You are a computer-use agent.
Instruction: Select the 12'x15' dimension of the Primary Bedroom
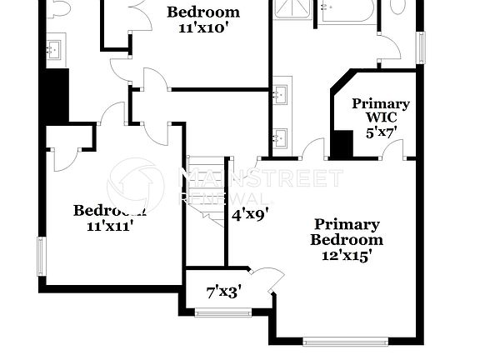click(x=347, y=256)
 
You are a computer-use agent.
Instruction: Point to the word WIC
click(x=381, y=117)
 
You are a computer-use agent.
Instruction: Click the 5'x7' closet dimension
click(x=381, y=131)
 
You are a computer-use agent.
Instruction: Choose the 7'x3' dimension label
click(x=223, y=292)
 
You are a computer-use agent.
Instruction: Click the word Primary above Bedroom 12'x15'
click(x=347, y=224)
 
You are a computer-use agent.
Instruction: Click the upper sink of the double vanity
click(x=282, y=92)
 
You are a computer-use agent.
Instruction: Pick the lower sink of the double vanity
click(x=282, y=136)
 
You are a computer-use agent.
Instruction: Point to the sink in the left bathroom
click(x=55, y=51)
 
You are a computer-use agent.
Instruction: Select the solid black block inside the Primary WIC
click(x=342, y=143)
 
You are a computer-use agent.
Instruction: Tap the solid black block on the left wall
click(x=56, y=96)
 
